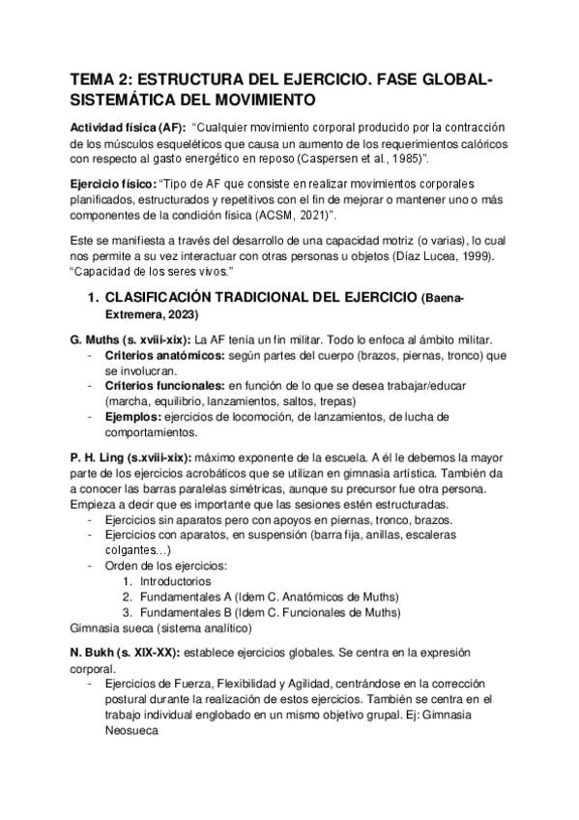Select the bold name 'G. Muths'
102,340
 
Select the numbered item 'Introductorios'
175,583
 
